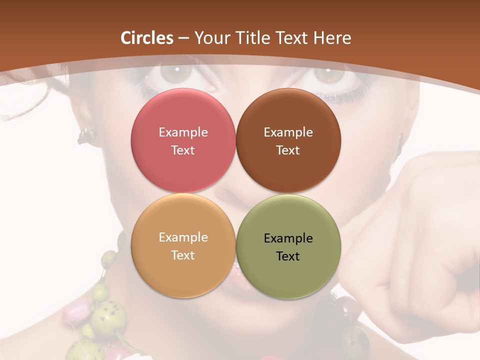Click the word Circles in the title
(x=147, y=38)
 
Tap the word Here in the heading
(x=332, y=38)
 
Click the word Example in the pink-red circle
(x=183, y=132)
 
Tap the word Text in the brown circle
(x=288, y=150)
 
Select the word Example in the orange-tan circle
(x=183, y=237)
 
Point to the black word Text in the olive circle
(x=288, y=256)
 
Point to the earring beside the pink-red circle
(x=86, y=135)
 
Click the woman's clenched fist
(x=420, y=250)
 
